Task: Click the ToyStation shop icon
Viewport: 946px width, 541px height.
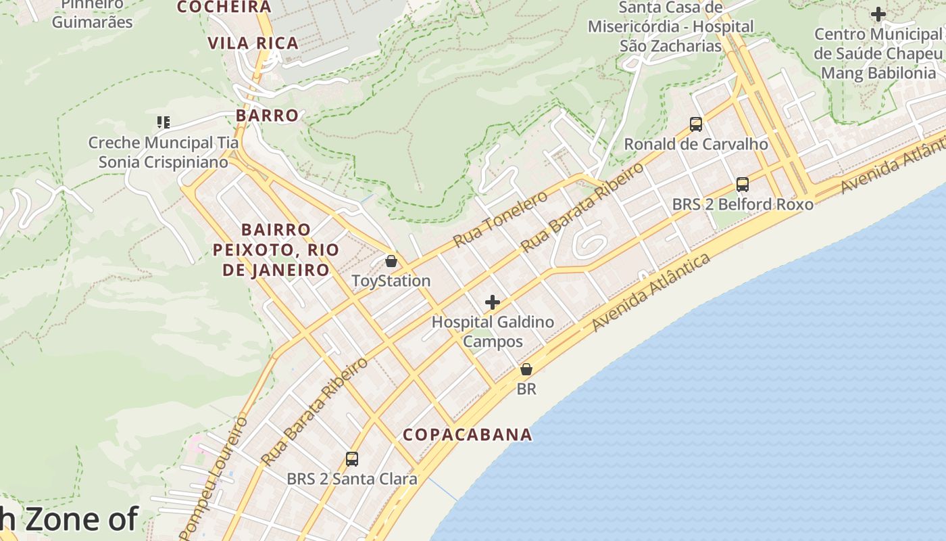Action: (391, 261)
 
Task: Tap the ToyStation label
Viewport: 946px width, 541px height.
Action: (391, 281)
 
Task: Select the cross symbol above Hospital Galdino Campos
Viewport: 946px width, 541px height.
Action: (493, 302)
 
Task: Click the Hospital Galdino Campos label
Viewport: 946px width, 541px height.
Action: (493, 331)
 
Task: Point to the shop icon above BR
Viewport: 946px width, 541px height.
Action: (526, 369)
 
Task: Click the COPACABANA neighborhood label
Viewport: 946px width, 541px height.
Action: (468, 435)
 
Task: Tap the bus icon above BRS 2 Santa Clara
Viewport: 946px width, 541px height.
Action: (351, 459)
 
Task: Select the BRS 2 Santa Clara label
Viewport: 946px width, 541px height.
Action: (351, 479)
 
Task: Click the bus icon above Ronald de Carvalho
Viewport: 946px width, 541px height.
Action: (695, 124)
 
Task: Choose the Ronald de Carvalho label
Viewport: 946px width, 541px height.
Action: (695, 144)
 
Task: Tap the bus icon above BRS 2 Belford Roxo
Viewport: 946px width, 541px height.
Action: (742, 184)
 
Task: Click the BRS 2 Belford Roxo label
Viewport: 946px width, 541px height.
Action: (742, 204)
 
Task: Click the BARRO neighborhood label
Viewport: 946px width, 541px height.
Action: (267, 116)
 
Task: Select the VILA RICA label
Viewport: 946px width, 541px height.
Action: (253, 43)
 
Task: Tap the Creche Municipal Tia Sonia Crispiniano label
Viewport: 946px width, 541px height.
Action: (164, 152)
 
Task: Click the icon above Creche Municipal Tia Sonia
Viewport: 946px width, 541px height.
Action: (163, 122)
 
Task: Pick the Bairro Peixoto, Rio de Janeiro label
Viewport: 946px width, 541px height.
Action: (276, 250)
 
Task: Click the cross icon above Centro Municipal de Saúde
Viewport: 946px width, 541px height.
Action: (878, 14)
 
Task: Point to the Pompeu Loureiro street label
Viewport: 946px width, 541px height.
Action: (214, 477)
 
